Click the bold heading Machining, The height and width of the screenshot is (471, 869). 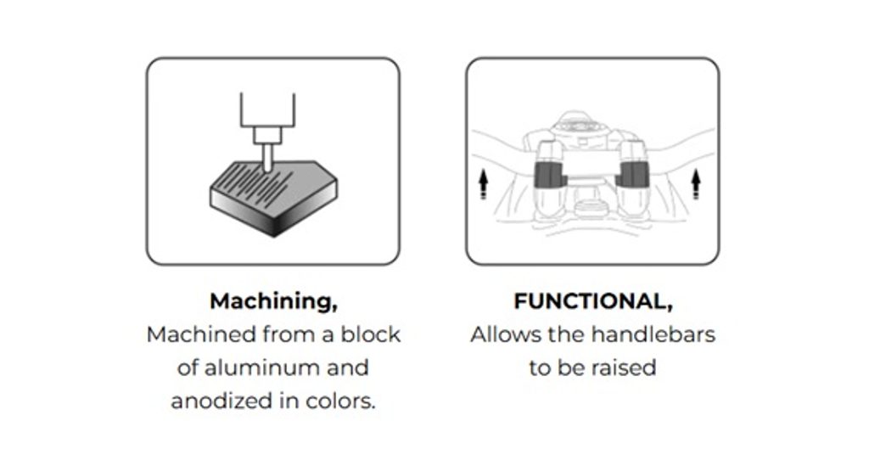pos(273,302)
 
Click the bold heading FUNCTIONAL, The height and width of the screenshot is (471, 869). pos(593,302)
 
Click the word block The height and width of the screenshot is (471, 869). pos(370,334)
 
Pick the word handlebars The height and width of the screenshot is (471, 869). pos(653,334)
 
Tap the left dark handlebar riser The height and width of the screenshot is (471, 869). pos(550,175)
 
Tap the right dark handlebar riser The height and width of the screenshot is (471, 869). pos(632,174)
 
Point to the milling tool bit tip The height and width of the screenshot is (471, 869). pos(267,170)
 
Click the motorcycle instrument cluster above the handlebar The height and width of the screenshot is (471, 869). pos(579,126)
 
